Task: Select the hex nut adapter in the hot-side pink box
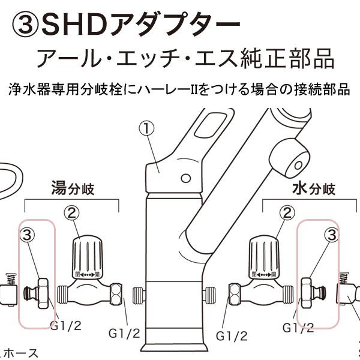41,292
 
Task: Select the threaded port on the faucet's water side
209,295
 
